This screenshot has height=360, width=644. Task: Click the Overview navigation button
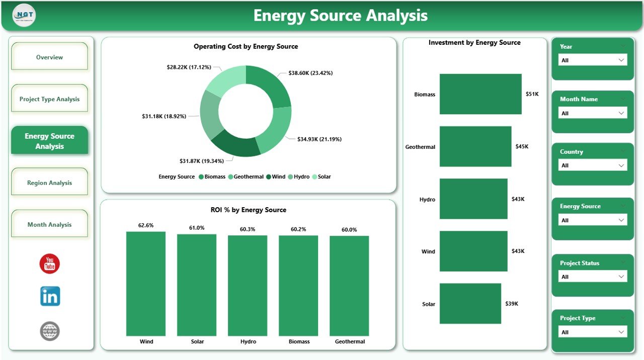(49, 57)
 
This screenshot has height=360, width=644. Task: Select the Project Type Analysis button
(49, 99)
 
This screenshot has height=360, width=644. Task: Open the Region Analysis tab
(49, 183)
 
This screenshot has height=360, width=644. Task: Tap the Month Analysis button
(49, 225)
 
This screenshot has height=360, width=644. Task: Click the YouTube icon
(50, 264)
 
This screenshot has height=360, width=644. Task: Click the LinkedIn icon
(50, 297)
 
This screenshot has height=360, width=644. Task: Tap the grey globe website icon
(50, 331)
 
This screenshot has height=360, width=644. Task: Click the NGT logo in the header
(24, 16)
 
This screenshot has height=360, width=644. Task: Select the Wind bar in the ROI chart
(146, 284)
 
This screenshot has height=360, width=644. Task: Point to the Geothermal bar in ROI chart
(349, 286)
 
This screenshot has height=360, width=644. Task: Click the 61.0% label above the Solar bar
(197, 228)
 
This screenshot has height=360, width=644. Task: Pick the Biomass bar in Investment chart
(480, 94)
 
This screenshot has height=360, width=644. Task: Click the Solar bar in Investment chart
(470, 304)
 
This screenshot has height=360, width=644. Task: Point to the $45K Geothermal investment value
(522, 146)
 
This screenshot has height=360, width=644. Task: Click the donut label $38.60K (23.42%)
(310, 73)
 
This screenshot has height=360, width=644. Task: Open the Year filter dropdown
(593, 60)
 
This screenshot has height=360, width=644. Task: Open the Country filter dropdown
(593, 165)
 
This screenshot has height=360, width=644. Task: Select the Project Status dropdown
(593, 277)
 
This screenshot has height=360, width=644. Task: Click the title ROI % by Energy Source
(248, 210)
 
